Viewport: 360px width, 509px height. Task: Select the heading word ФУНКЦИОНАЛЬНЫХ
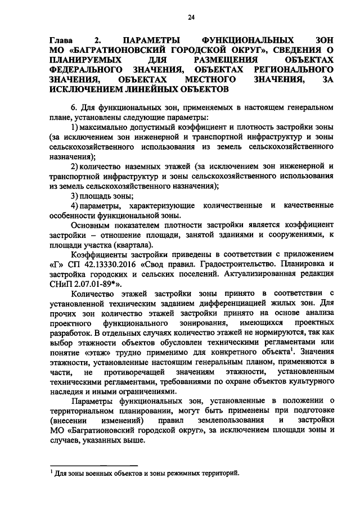pyautogui.click(x=247, y=41)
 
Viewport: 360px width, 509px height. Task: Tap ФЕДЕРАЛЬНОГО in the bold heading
pyautogui.click(x=86, y=70)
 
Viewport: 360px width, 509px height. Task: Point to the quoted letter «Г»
pyautogui.click(x=57, y=265)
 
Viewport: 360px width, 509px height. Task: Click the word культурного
pyautogui.click(x=309, y=382)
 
